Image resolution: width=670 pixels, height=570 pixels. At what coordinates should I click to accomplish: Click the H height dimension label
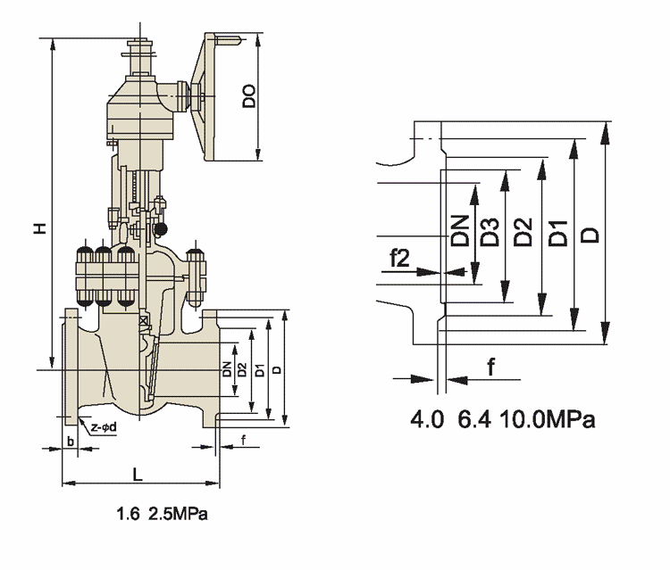tap(40, 230)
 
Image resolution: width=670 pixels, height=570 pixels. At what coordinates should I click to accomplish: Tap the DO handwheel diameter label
tap(250, 95)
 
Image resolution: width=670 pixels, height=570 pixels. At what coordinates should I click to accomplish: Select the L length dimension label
tap(137, 475)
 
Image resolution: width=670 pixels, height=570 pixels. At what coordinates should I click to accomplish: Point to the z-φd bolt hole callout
tap(105, 429)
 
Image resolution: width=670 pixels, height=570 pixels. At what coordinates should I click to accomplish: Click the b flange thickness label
tap(69, 442)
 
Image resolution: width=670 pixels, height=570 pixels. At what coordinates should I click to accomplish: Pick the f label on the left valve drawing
tap(243, 438)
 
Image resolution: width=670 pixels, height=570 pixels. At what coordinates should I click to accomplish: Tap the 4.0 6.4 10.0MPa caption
tap(503, 419)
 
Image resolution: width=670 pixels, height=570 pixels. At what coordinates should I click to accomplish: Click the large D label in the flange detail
tap(589, 234)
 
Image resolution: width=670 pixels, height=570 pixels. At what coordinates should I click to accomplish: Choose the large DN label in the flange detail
tap(460, 231)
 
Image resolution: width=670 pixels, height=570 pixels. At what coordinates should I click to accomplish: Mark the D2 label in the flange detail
tap(523, 233)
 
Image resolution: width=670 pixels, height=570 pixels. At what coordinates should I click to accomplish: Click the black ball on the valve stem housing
tap(161, 230)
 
